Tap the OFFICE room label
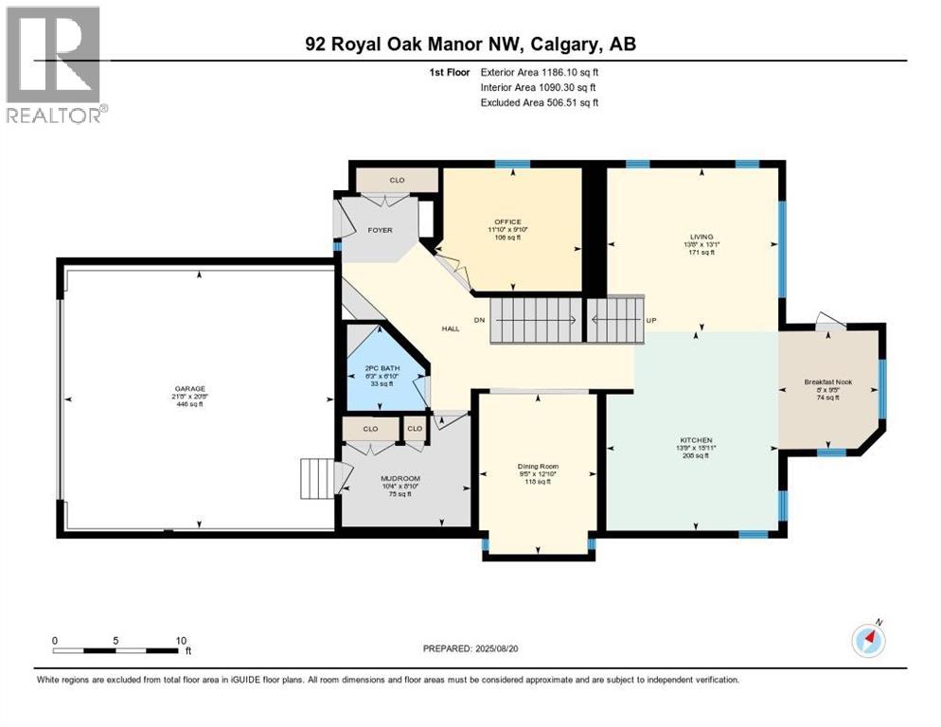tap(508, 222)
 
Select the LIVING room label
tap(701, 237)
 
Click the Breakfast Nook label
tap(828, 382)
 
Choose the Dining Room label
tap(538, 467)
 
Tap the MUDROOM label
tap(399, 479)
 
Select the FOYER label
tap(380, 230)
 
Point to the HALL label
tap(451, 328)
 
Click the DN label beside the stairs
tap(479, 320)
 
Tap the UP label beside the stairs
tap(650, 320)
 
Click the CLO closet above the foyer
tap(397, 180)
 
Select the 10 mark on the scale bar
tap(180, 640)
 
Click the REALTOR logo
tap(55, 65)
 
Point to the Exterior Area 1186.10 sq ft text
tap(540, 72)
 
